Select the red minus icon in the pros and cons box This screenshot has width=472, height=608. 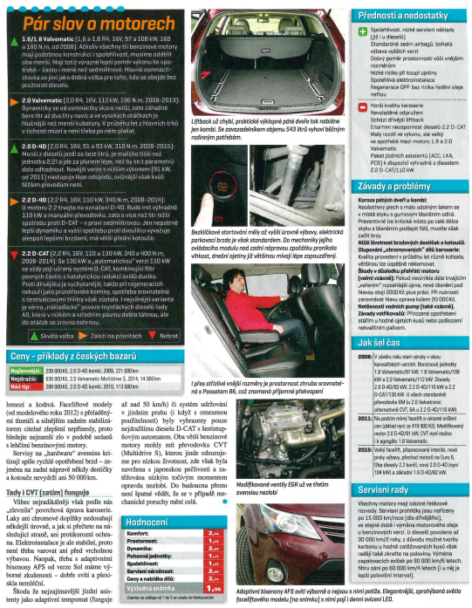click(361, 106)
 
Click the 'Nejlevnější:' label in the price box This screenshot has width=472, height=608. click(24, 345)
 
